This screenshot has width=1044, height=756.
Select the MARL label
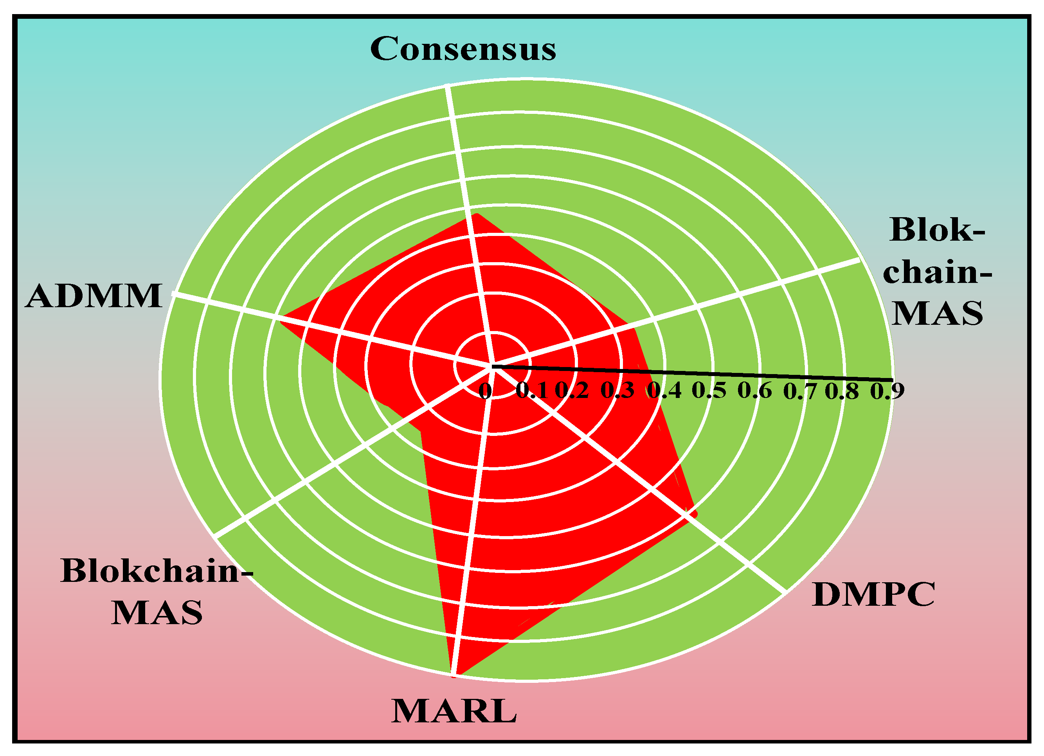(454, 712)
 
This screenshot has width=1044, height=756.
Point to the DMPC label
(873, 594)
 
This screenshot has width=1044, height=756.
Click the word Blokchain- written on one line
(157, 571)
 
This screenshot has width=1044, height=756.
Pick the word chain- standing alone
(937, 272)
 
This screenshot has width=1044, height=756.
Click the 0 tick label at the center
(485, 391)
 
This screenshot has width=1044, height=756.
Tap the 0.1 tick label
(532, 391)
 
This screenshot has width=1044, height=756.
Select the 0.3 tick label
(617, 391)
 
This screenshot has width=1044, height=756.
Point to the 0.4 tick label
(664, 391)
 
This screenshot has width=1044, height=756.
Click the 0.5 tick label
(709, 391)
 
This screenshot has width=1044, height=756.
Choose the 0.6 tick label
(755, 391)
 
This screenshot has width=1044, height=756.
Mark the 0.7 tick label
(800, 391)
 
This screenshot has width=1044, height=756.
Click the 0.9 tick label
(887, 391)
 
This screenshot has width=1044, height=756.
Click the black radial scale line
(693, 373)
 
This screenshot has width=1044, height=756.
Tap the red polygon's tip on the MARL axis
(454, 676)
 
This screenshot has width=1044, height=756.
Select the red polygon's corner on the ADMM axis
(281, 322)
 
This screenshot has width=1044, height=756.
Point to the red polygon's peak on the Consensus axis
(477, 214)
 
